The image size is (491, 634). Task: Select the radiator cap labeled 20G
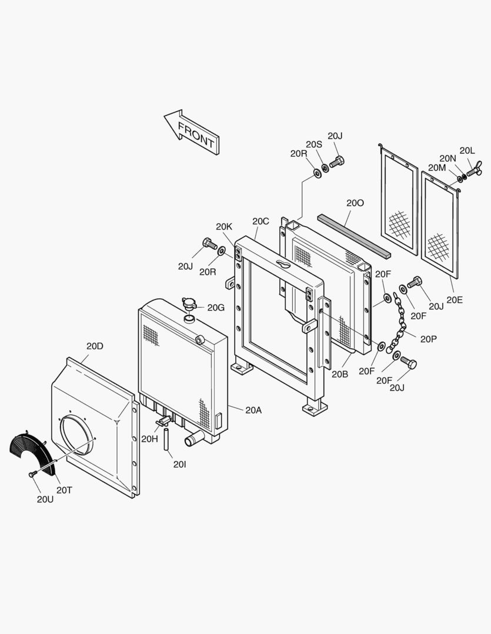tap(190, 305)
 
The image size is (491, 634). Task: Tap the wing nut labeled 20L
tap(472, 172)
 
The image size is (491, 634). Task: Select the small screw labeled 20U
tap(32, 474)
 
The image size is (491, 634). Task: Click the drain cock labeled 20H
tap(163, 421)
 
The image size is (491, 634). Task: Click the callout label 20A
tap(253, 410)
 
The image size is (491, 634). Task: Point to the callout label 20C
tap(260, 221)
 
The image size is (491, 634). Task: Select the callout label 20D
tap(95, 346)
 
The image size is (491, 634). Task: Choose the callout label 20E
tap(455, 299)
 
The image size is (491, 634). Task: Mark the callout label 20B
tap(340, 374)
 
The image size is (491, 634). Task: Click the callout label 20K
tap(224, 227)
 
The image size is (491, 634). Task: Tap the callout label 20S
tap(314, 144)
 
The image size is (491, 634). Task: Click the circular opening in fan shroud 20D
tap(78, 434)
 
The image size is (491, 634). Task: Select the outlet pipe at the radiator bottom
tap(192, 439)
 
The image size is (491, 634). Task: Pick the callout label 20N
tap(447, 158)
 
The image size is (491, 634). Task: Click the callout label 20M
tap(437, 168)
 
